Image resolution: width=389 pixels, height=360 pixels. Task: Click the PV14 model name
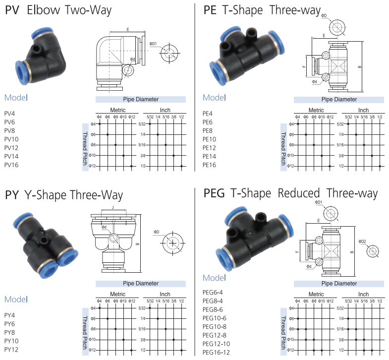pyautogui.click(x=11, y=156)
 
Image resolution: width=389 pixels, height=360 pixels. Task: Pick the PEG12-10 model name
pyautogui.click(x=217, y=344)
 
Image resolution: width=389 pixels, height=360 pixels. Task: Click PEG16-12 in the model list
pyautogui.click(x=217, y=353)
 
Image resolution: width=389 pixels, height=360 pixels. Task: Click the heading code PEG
pyautogui.click(x=215, y=193)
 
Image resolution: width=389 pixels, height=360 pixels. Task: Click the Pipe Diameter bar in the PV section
pyautogui.click(x=141, y=100)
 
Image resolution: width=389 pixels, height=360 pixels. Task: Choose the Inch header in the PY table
pyautogui.click(x=165, y=294)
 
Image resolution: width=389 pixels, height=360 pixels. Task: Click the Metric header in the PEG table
pyautogui.click(x=316, y=295)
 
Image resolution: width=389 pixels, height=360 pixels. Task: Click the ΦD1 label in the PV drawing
pyautogui.click(x=153, y=44)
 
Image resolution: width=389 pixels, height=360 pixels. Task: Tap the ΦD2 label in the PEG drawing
pyautogui.click(x=362, y=241)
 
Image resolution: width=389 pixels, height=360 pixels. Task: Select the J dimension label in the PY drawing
pyautogui.click(x=113, y=207)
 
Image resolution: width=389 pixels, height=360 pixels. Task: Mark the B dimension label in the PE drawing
pyautogui.click(x=359, y=67)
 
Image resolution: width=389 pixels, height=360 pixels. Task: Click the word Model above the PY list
pyautogui.click(x=16, y=299)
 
